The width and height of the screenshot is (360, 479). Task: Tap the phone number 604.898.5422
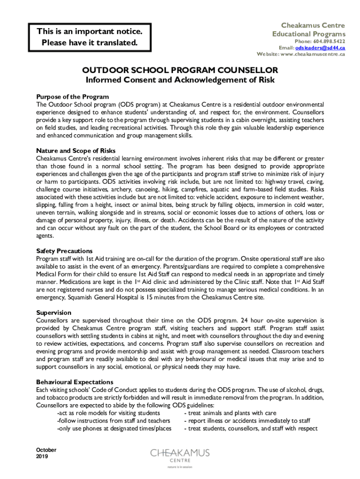(326, 41)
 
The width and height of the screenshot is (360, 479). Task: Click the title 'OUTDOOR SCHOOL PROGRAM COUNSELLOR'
(180, 70)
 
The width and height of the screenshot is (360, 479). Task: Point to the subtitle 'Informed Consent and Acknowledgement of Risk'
(180, 80)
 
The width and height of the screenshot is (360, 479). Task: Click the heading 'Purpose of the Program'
(72, 97)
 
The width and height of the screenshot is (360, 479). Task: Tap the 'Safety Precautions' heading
(64, 251)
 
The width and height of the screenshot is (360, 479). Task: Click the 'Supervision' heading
(54, 312)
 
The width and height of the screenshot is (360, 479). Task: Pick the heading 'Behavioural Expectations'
(74, 382)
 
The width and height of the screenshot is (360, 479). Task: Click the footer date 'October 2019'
(46, 453)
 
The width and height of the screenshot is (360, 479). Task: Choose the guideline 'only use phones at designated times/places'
(114, 428)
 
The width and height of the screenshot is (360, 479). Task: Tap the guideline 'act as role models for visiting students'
(108, 413)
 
